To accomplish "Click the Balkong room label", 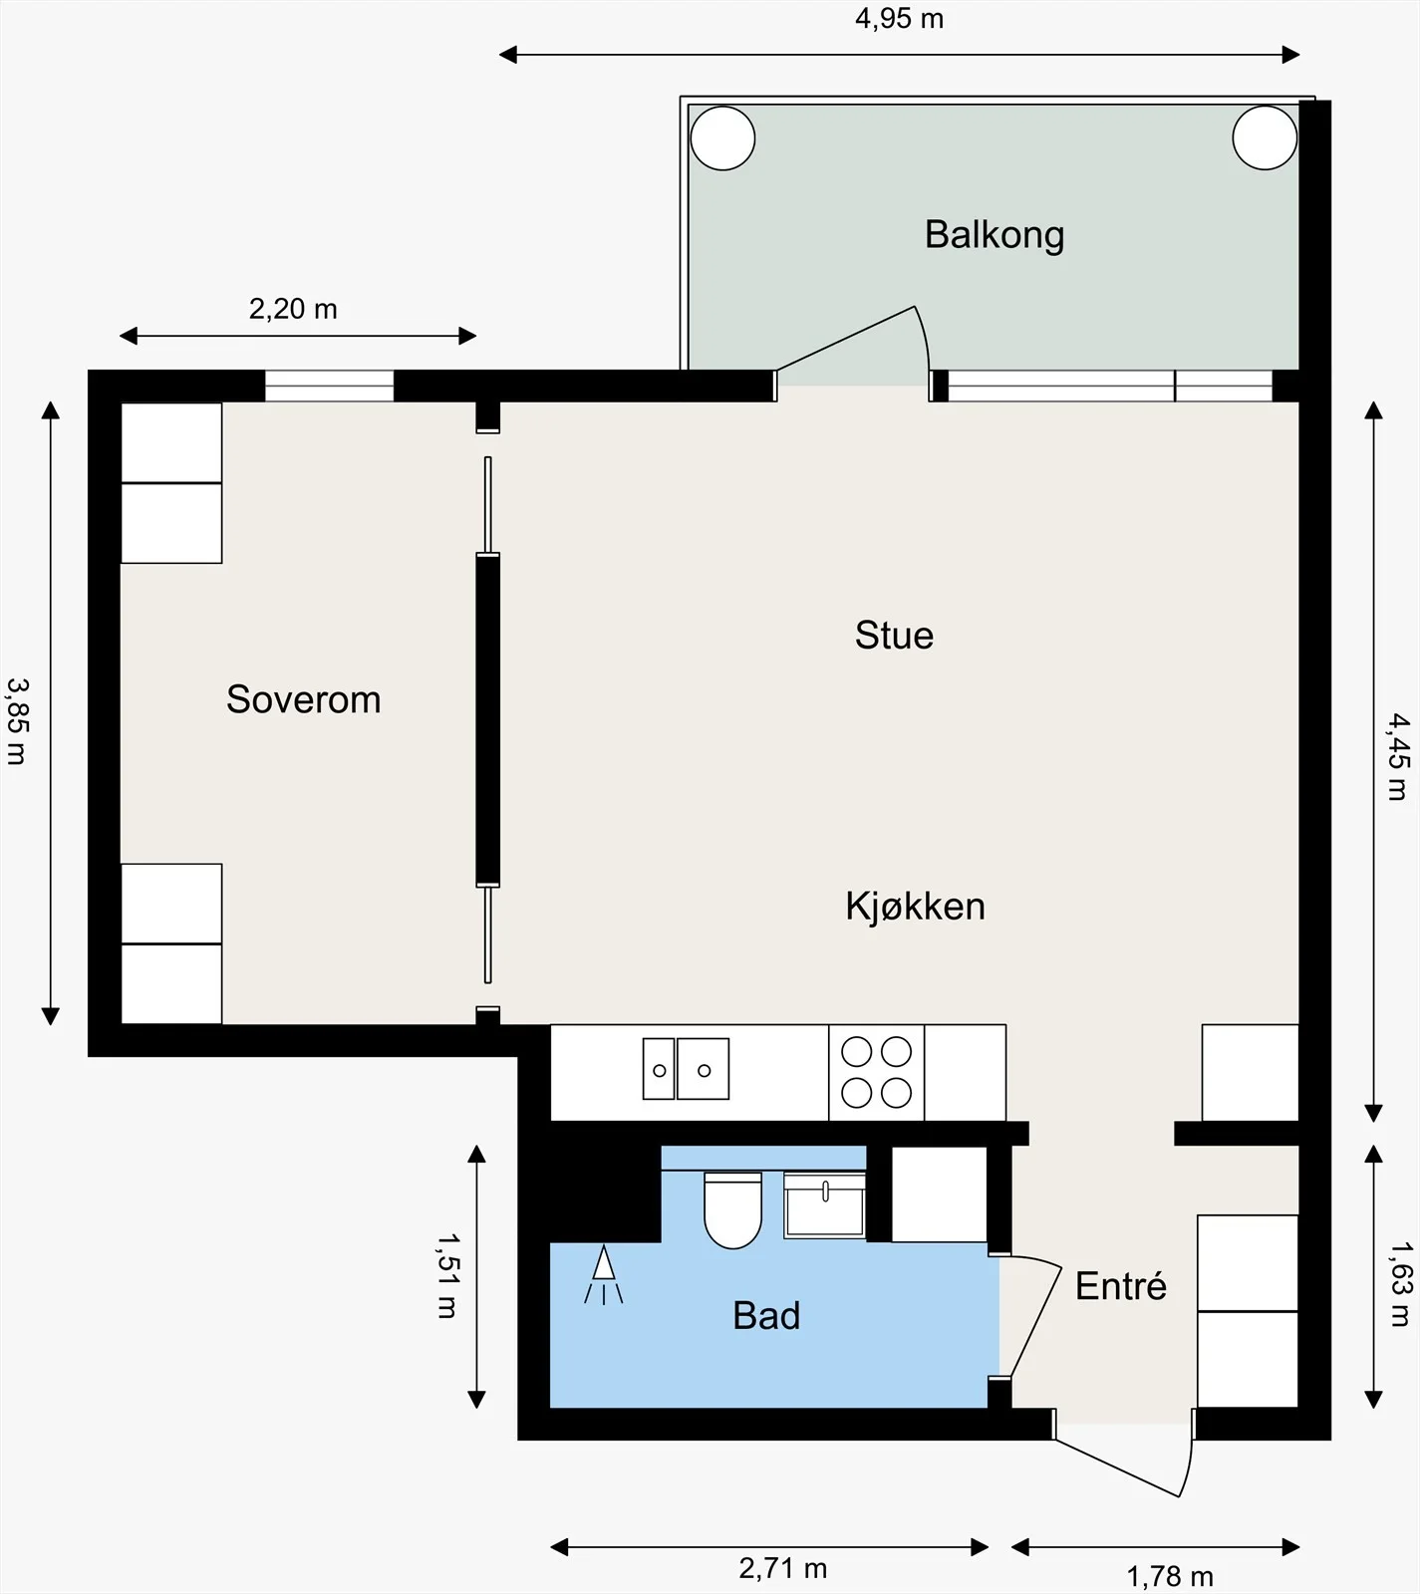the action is click(994, 235).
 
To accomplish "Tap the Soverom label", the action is click(304, 699).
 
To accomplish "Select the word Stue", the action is click(894, 636).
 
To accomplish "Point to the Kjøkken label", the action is click(915, 907).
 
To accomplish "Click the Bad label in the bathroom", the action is click(766, 1316).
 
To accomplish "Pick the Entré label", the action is click(1121, 1286).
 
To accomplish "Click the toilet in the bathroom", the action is click(732, 1209).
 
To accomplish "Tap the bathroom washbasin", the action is click(824, 1205).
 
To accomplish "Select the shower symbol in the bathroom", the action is click(604, 1274).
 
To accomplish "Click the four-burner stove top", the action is click(877, 1072).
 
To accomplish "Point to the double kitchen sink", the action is click(686, 1069).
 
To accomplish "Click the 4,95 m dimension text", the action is click(899, 19).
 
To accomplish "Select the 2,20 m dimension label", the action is click(293, 309).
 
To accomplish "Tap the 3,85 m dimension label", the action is click(17, 721).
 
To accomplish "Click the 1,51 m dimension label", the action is click(447, 1276).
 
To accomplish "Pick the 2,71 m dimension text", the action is click(783, 1568).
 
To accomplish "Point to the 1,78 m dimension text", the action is click(1170, 1576).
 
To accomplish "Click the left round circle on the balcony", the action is click(722, 137).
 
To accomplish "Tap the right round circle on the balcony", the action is click(1265, 137).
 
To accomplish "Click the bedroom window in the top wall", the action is click(329, 386).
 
